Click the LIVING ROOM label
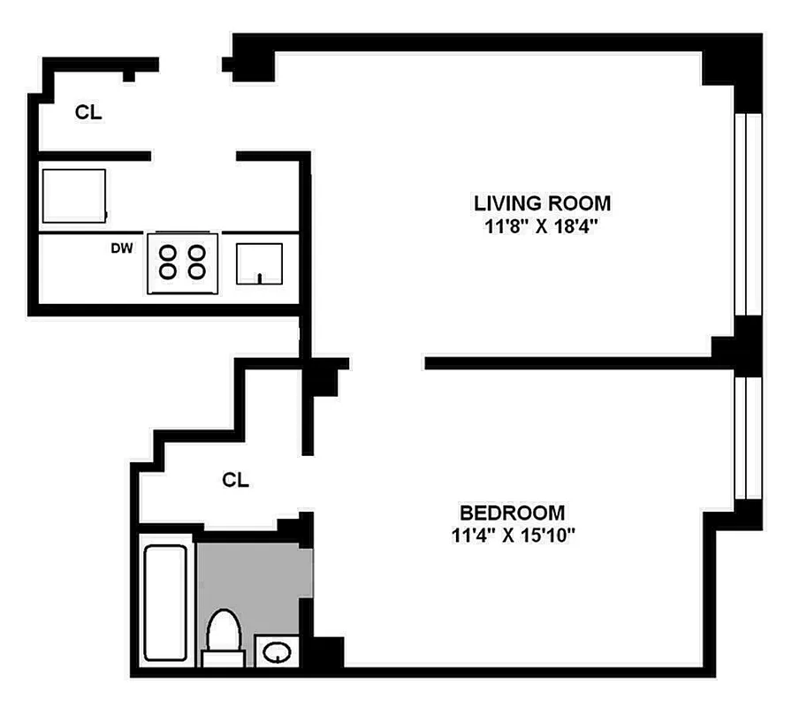[542, 203]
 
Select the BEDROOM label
[512, 513]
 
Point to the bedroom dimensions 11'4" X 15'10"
[512, 534]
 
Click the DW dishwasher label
[122, 248]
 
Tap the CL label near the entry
[88, 112]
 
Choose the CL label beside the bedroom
[235, 481]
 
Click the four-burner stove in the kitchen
[183, 262]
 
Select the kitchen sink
[259, 263]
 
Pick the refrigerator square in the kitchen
[74, 196]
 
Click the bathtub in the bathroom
[164, 603]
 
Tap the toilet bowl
[223, 629]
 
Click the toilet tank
[223, 658]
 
